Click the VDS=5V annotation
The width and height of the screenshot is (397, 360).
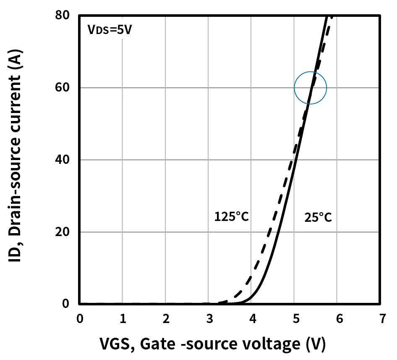[109, 31]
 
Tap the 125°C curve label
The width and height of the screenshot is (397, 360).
[232, 217]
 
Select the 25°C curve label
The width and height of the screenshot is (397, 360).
[318, 217]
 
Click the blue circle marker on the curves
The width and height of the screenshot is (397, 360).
[310, 88]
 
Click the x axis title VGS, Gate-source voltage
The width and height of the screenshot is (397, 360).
[212, 344]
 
